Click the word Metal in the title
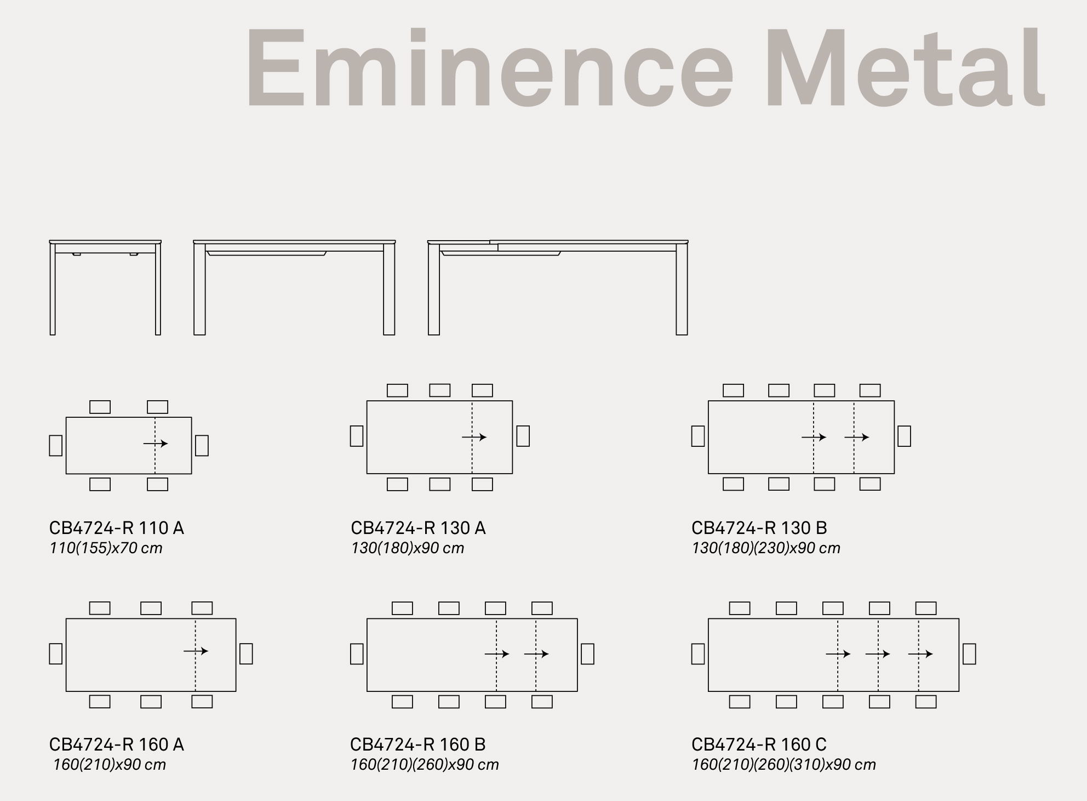pyautogui.click(x=905, y=66)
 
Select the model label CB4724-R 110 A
pyautogui.click(x=117, y=528)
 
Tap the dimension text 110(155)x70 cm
pyautogui.click(x=106, y=548)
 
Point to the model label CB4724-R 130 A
pyautogui.click(x=418, y=528)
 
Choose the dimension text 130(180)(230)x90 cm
pyautogui.click(x=766, y=548)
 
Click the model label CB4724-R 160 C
pyautogui.click(x=759, y=745)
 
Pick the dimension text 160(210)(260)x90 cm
pyautogui.click(x=425, y=765)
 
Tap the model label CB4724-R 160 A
pyautogui.click(x=117, y=745)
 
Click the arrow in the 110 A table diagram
pyautogui.click(x=156, y=444)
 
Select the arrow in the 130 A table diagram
pyautogui.click(x=474, y=437)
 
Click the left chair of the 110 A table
pyautogui.click(x=56, y=445)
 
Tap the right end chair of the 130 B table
pyautogui.click(x=904, y=436)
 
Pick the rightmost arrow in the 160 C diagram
pyautogui.click(x=920, y=654)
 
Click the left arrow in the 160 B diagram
pyautogui.click(x=497, y=654)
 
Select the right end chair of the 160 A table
pyautogui.click(x=246, y=654)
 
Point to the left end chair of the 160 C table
pyautogui.click(x=698, y=654)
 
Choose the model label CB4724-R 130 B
pyautogui.click(x=759, y=528)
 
